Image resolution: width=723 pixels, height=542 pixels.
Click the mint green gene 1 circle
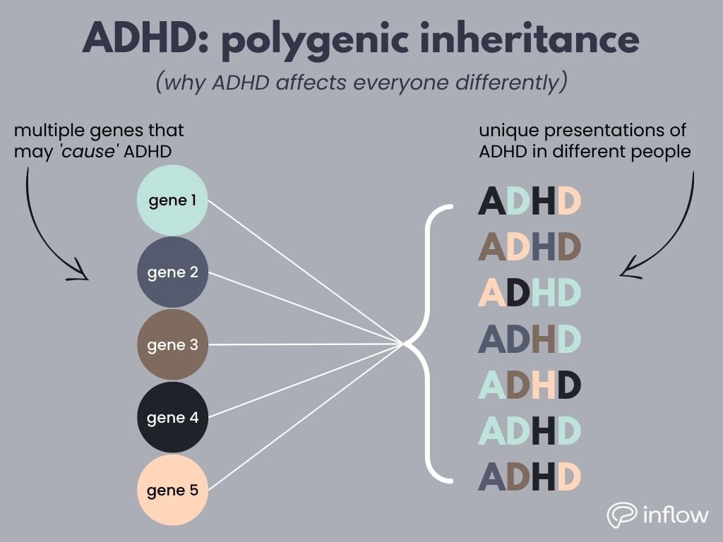tap(172, 200)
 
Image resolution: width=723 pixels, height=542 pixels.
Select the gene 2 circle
tap(172, 272)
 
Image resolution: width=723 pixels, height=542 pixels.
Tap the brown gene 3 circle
tap(172, 345)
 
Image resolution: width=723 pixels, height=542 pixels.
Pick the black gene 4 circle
tap(172, 417)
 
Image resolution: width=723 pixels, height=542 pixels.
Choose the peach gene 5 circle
tap(172, 490)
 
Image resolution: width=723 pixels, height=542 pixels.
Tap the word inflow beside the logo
tap(676, 514)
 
